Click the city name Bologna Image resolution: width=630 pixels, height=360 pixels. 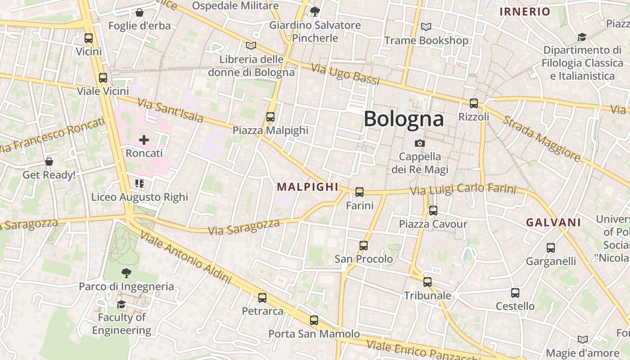tap(404, 119)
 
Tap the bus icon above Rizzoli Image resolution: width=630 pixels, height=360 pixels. tap(473, 103)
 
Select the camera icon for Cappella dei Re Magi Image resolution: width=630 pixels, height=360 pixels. tap(420, 143)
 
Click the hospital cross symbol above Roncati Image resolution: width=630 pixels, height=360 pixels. tap(144, 140)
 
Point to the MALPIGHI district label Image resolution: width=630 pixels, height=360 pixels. tap(307, 187)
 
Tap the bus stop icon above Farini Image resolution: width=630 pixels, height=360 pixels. tap(360, 192)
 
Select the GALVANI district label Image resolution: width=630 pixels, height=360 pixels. tap(553, 222)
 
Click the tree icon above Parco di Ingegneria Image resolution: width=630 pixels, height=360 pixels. tap(126, 273)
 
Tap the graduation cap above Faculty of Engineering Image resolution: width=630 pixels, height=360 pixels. tap(121, 305)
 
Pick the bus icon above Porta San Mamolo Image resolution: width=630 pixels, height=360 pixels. tap(314, 320)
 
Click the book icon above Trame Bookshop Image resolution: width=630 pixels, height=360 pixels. tap(426, 27)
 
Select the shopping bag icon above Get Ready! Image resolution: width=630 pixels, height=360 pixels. tap(49, 162)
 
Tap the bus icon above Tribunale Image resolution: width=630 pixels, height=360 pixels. tap(427, 282)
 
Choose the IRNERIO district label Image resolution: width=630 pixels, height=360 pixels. tap(525, 12)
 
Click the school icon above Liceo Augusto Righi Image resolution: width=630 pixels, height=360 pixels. tap(139, 184)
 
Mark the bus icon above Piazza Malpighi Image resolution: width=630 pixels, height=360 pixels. tap(270, 117)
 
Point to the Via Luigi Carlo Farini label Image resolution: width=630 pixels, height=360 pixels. tap(463, 189)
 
